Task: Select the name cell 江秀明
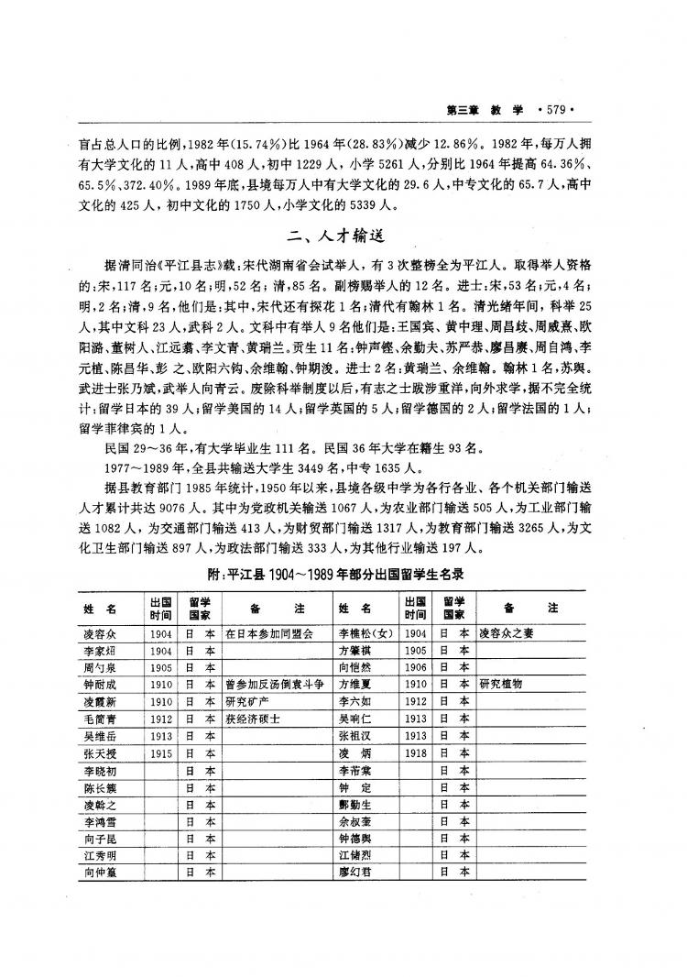[x=99, y=853]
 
